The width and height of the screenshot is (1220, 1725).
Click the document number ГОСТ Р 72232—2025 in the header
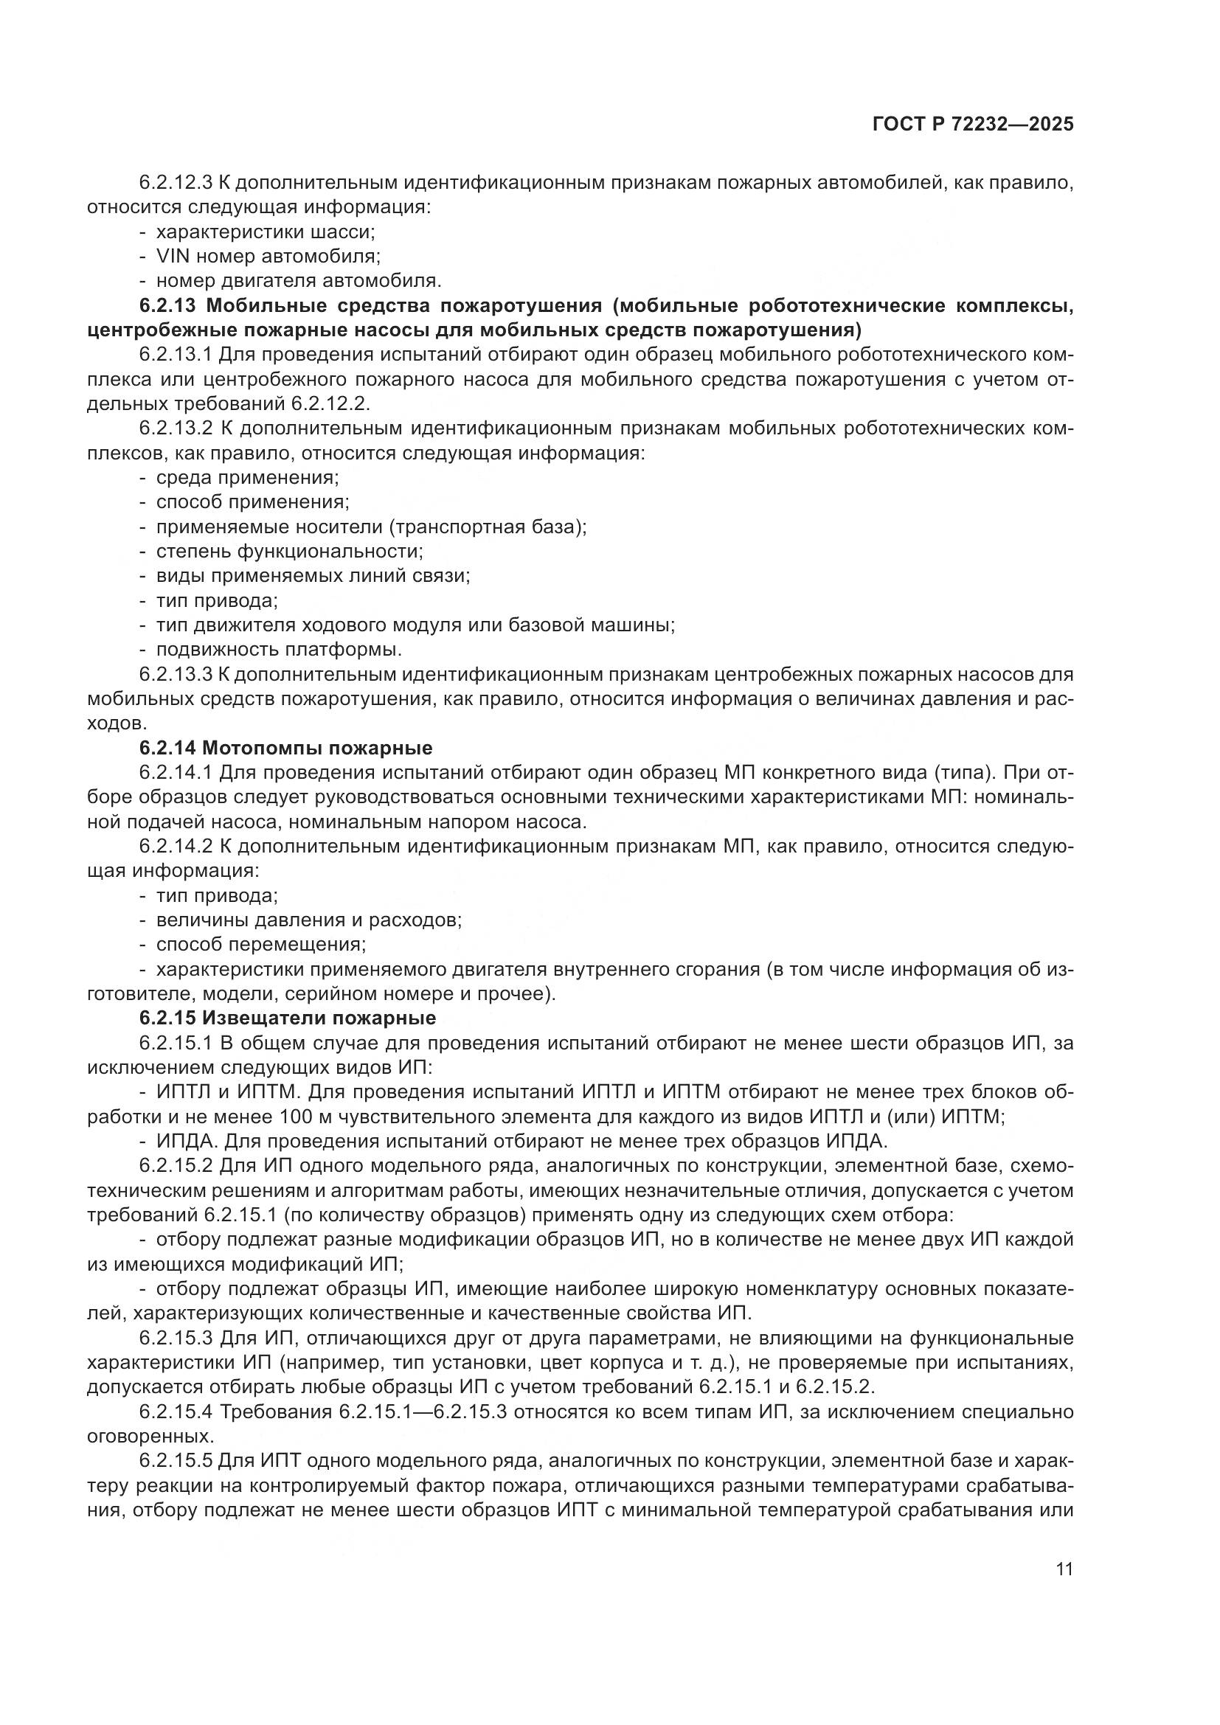coord(973,125)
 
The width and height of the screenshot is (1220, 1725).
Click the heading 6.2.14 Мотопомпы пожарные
coord(285,748)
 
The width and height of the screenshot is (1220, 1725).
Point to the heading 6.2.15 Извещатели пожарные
coord(287,1018)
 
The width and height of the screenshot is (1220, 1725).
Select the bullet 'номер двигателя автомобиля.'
coord(298,281)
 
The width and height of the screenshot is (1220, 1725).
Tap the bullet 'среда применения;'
coord(247,478)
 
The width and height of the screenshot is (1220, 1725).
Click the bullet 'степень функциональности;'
coord(289,552)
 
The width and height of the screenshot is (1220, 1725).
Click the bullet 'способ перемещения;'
coord(260,945)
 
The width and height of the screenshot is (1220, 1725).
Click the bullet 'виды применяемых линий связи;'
coord(313,576)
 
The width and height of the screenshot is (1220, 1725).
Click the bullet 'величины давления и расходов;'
coord(309,920)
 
